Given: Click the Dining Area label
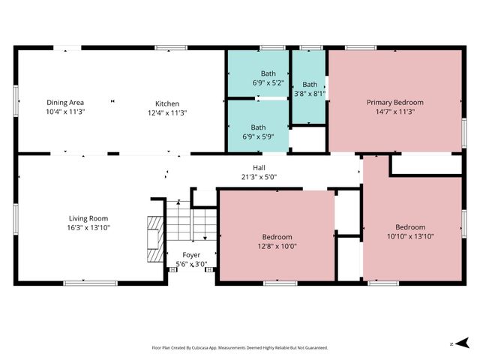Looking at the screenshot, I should point(65,103).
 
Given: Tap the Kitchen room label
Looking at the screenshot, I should point(167,103).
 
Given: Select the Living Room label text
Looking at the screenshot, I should point(88,217).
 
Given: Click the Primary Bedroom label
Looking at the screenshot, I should point(394,102).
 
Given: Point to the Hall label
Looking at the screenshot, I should point(259,168).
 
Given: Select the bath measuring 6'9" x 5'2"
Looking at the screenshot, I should point(258,76).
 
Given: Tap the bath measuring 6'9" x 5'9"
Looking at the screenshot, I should point(258,132).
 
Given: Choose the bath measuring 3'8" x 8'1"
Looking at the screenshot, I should point(310,88).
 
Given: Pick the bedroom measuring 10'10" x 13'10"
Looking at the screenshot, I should point(410,231).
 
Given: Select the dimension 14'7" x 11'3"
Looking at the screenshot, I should point(394,112).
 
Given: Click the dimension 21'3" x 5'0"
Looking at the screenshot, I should point(259,178).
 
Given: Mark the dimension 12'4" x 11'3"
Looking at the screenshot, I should point(167,112).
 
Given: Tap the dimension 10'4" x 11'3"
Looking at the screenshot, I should point(65,112).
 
